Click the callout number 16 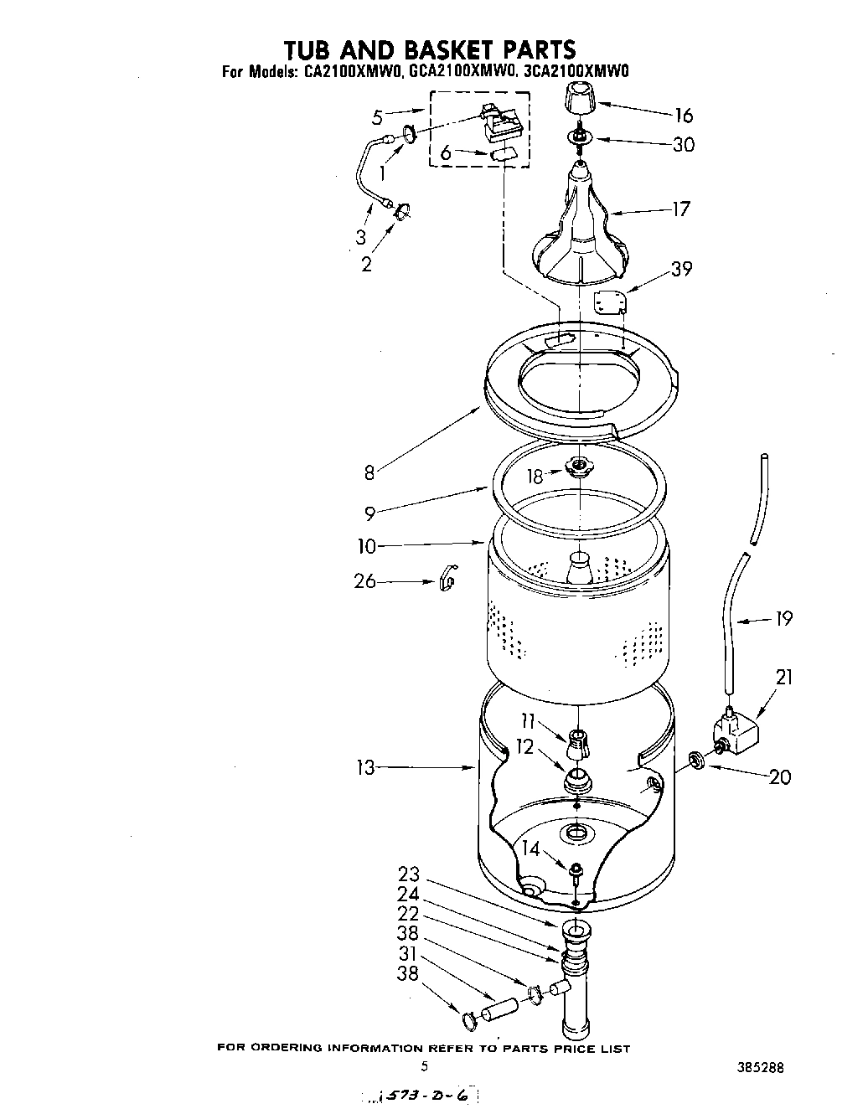[684, 116]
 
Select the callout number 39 [681, 269]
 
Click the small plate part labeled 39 [609, 302]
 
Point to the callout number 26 [364, 580]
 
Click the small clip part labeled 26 [447, 577]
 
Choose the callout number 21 [783, 677]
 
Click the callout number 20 [779, 776]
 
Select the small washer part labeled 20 [695, 760]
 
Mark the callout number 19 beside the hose [783, 619]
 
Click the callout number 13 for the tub [365, 766]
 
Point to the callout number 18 [535, 477]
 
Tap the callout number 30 [684, 145]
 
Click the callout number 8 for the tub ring [369, 472]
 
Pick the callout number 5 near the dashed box [377, 117]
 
